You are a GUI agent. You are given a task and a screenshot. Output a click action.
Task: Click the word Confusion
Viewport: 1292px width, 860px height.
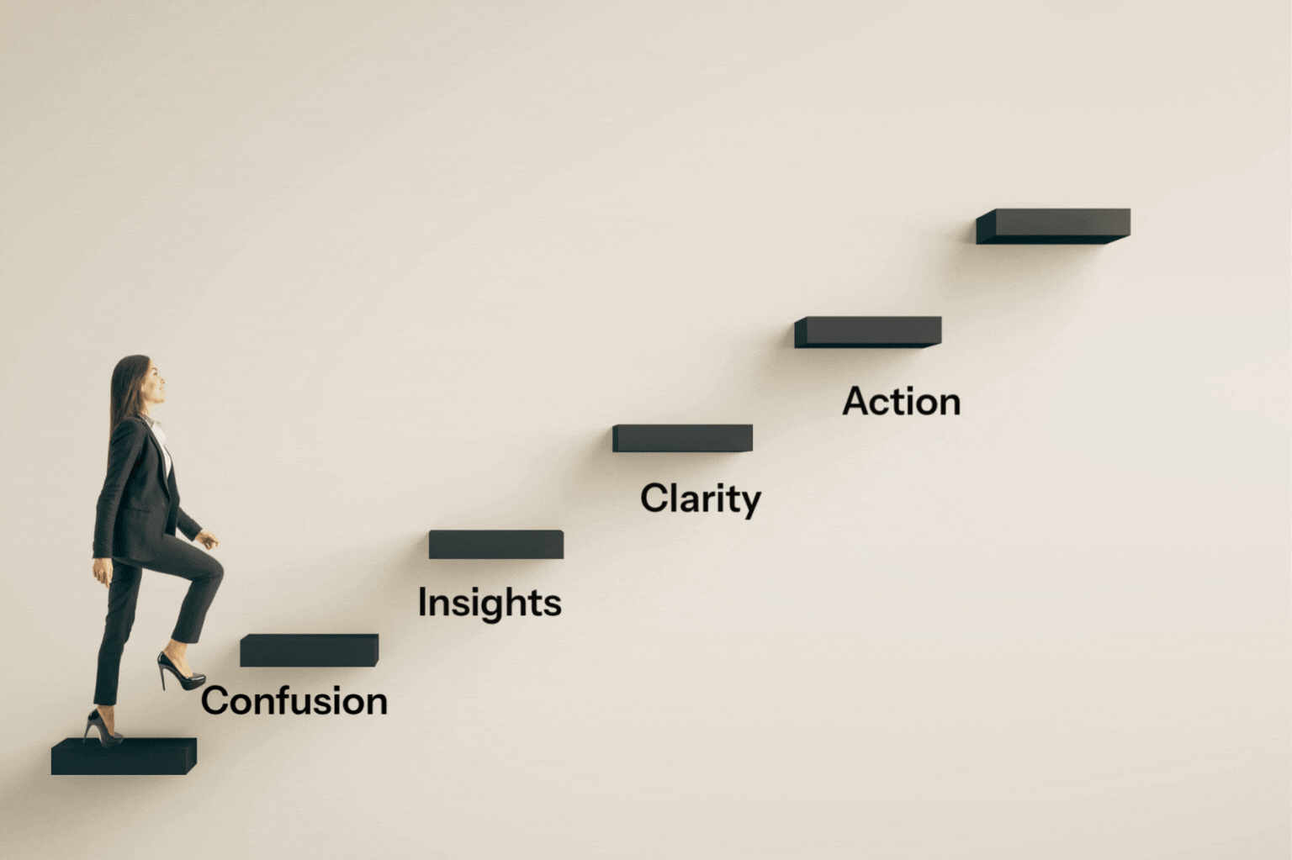click(x=294, y=701)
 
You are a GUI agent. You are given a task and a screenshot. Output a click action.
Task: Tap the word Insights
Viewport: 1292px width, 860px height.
click(x=490, y=603)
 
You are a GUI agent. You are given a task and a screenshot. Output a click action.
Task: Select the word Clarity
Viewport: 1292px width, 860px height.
click(x=700, y=499)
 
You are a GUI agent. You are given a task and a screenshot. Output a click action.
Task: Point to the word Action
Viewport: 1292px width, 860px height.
click(x=901, y=402)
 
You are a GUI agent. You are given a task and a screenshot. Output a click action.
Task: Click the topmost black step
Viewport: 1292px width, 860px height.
click(x=1053, y=225)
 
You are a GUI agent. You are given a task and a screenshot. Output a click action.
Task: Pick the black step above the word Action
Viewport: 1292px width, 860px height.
click(x=868, y=332)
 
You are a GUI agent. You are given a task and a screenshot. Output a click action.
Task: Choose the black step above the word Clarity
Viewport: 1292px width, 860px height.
click(x=682, y=438)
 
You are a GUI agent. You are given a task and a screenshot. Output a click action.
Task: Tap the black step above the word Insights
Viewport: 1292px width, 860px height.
click(x=495, y=545)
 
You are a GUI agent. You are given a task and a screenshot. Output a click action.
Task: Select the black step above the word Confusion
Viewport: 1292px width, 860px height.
click(x=309, y=651)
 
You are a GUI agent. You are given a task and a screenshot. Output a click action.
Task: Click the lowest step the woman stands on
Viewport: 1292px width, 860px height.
click(x=123, y=756)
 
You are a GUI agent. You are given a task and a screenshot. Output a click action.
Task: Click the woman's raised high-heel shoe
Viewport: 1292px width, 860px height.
click(x=180, y=672)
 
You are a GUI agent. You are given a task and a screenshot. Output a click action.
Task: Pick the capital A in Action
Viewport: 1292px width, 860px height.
click(x=856, y=401)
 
